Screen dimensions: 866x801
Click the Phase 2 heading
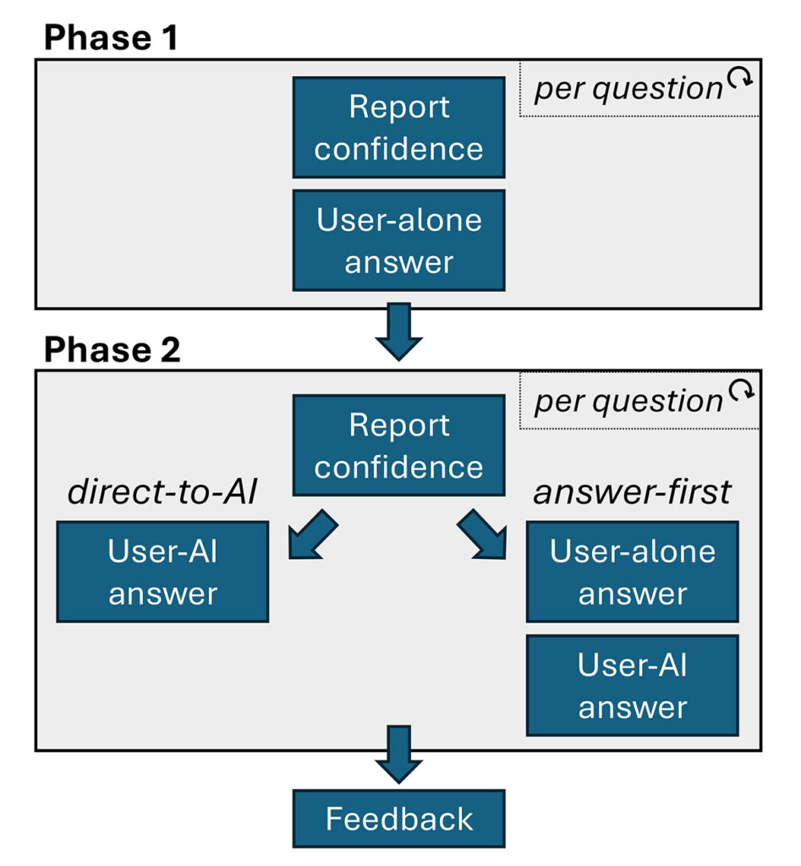(112, 348)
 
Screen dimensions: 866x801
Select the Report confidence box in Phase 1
(398, 128)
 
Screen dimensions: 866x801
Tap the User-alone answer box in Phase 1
(398, 240)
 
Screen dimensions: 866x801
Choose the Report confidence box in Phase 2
(398, 445)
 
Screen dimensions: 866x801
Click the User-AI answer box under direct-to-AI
(162, 572)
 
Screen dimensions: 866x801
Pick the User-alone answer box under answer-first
(632, 572)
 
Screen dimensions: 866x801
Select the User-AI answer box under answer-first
(632, 685)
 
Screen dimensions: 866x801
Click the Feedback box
(398, 818)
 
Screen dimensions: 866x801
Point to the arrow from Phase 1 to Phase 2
(398, 331)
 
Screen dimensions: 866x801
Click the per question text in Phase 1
(628, 88)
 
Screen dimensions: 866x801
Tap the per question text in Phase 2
(628, 400)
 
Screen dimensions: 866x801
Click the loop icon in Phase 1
(740, 79)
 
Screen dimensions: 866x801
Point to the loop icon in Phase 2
(740, 391)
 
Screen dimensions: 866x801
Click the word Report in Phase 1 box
(398, 107)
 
